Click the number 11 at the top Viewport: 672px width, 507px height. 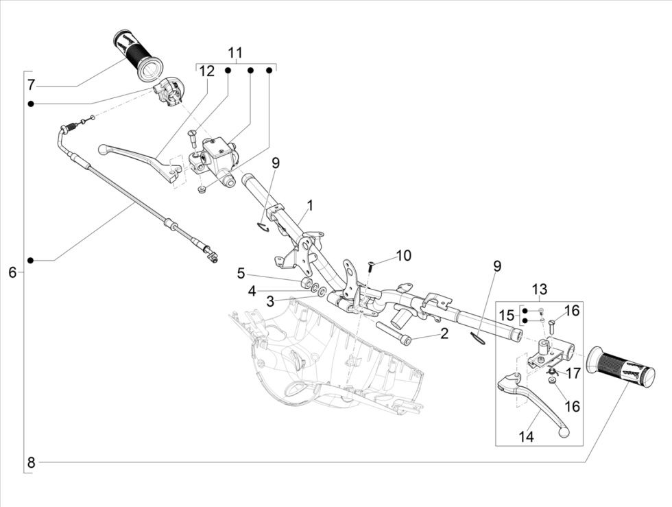(x=235, y=53)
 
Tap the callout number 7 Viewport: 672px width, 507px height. (x=31, y=86)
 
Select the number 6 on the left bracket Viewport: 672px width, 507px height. (x=12, y=272)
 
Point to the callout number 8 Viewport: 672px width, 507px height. (x=31, y=462)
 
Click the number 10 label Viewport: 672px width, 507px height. (x=403, y=256)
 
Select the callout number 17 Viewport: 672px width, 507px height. (x=573, y=374)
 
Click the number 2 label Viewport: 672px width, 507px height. (x=444, y=334)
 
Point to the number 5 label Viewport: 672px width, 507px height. (x=241, y=274)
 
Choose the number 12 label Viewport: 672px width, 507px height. (x=207, y=71)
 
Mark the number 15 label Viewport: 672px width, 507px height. (x=505, y=316)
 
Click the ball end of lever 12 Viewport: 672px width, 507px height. (x=103, y=148)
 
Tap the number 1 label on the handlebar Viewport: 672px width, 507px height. (x=310, y=205)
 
